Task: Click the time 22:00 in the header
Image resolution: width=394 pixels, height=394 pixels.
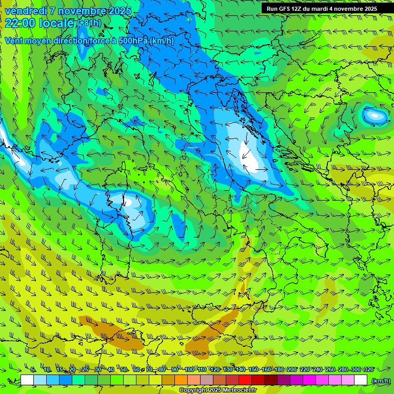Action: pyautogui.click(x=21, y=23)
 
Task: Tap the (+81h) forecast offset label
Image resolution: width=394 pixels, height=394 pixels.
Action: pyautogui.click(x=89, y=23)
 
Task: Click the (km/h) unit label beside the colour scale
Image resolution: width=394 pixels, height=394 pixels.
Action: pyautogui.click(x=381, y=380)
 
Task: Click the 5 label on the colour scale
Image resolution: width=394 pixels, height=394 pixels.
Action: pyautogui.click(x=33, y=369)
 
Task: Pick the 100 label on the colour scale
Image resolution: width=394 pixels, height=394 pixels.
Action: pyautogui.click(x=189, y=369)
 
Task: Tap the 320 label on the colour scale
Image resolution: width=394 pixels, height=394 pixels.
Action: pyautogui.click(x=368, y=369)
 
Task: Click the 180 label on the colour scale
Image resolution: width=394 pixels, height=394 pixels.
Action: pyautogui.click(x=279, y=369)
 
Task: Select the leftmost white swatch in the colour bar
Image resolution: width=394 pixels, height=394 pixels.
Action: pyautogui.click(x=27, y=380)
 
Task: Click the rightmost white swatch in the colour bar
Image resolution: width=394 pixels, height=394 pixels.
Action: pyautogui.click(x=361, y=380)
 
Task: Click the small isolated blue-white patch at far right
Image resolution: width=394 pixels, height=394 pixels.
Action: pyautogui.click(x=375, y=115)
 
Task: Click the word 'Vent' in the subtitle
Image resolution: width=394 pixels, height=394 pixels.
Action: pyautogui.click(x=14, y=41)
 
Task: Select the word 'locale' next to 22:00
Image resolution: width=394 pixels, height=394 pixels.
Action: pyautogui.click(x=57, y=23)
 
